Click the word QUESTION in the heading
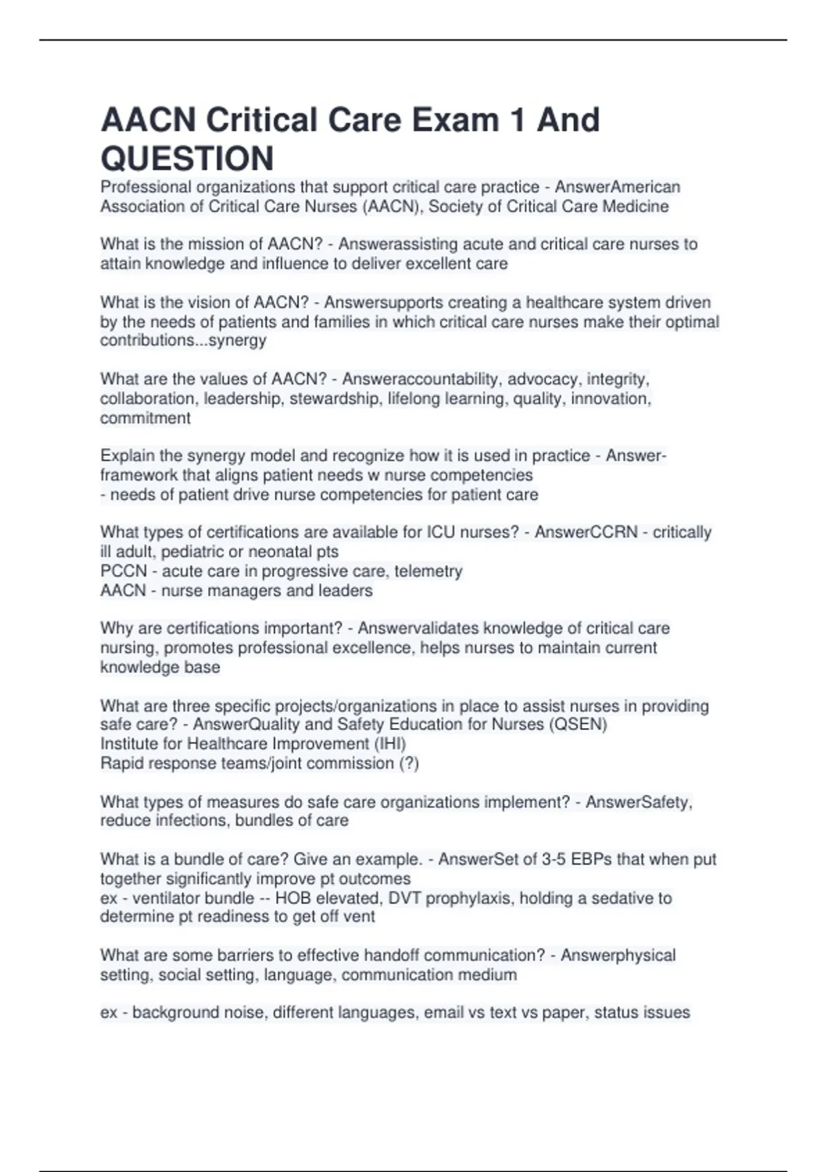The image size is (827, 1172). pos(187,159)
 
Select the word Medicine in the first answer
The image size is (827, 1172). pos(633,207)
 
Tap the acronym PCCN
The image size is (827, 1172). pos(123,572)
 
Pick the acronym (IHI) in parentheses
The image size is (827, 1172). pos(390,744)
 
